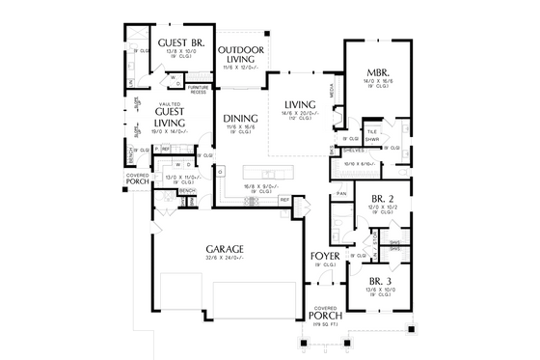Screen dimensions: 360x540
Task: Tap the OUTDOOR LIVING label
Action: click(x=241, y=55)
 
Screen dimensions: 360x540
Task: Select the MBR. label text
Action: click(x=377, y=72)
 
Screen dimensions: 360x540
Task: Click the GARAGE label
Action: click(x=224, y=248)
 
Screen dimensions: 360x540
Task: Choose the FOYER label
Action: click(x=324, y=256)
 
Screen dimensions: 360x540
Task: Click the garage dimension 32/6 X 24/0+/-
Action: click(x=224, y=258)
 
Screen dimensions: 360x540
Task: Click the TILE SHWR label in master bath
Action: click(x=371, y=134)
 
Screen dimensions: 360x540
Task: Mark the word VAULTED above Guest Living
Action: click(x=171, y=104)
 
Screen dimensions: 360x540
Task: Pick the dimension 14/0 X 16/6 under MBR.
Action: click(x=377, y=82)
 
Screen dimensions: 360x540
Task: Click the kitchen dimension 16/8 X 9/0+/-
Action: click(x=256, y=187)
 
